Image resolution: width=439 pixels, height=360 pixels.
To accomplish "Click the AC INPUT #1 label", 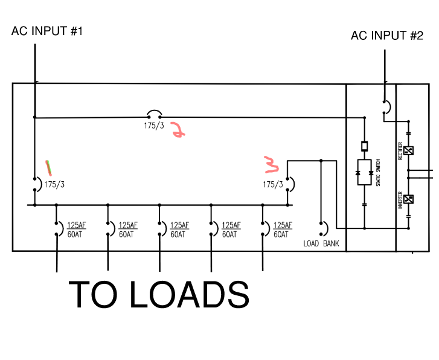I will (x=46, y=31).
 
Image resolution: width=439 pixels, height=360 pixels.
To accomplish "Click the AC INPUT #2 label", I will (x=386, y=36).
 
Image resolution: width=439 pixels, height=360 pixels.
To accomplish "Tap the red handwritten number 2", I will (x=178, y=130).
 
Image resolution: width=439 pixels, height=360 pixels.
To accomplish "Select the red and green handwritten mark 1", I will (x=48, y=167).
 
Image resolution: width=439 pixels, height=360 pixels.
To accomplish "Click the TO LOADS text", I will (x=159, y=295).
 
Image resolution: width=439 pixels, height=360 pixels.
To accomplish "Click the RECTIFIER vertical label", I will (x=400, y=151).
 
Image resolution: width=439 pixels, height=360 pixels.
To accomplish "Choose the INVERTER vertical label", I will (x=400, y=199).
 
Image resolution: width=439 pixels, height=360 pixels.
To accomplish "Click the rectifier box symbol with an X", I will (x=409, y=151).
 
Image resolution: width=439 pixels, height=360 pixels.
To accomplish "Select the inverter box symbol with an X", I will (x=409, y=199).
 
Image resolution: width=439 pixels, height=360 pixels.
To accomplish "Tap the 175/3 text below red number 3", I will (x=273, y=184).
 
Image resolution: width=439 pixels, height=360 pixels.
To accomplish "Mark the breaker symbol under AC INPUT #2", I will (x=385, y=107).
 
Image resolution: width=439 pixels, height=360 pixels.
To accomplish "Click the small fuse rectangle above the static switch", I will (x=364, y=146).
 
